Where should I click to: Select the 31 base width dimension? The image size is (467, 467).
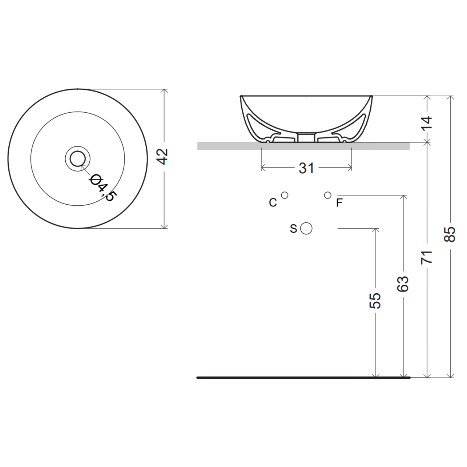(x=306, y=168)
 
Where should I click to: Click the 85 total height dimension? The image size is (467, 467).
(x=450, y=234)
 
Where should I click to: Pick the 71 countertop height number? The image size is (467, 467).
(x=427, y=257)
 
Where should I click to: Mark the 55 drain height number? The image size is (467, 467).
(x=375, y=301)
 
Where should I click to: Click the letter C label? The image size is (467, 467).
(x=273, y=202)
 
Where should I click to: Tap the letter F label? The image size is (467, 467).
(x=339, y=203)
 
